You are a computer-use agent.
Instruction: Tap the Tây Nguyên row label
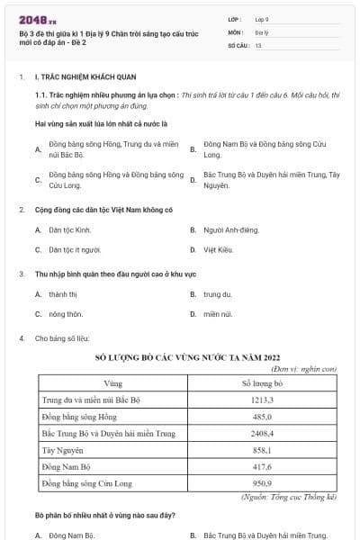coord(64,450)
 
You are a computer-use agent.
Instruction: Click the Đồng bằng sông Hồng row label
coord(79,416)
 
